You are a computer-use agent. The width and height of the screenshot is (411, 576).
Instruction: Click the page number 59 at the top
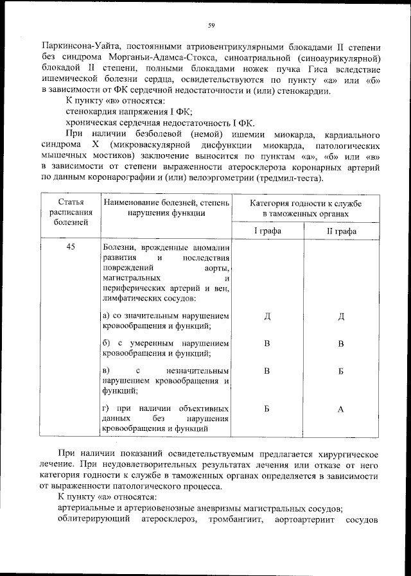(x=211, y=26)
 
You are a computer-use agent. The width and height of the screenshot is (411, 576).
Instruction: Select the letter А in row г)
(x=341, y=409)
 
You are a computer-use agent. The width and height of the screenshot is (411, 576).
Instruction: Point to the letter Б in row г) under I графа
(x=267, y=409)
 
